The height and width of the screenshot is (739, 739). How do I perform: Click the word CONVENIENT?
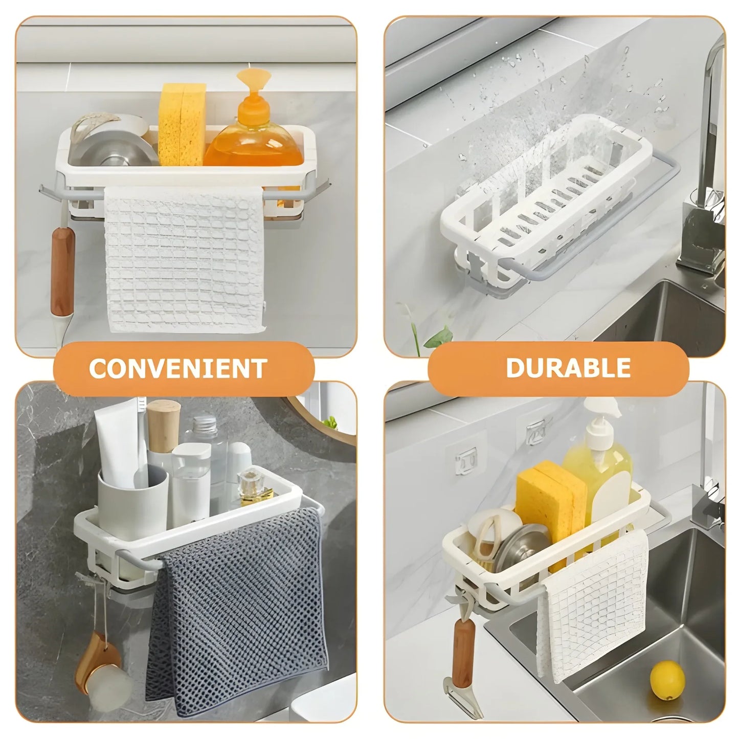[x=178, y=368]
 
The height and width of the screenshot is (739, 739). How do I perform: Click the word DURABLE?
[x=568, y=368]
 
